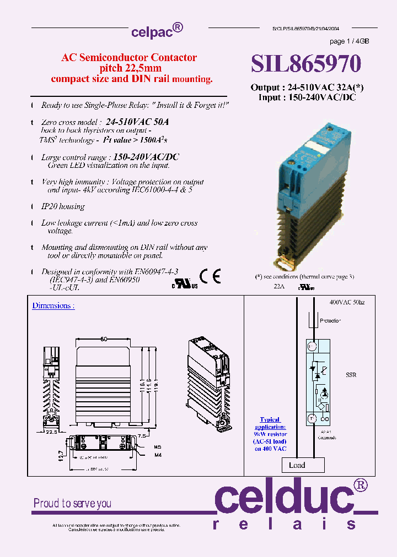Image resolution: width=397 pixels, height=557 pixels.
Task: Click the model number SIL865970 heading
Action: (x=306, y=64)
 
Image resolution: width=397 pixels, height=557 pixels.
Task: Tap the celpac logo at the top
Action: (x=157, y=31)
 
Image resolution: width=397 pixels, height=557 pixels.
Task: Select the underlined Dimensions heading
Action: (x=53, y=305)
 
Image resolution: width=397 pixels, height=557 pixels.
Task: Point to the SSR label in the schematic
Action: (x=351, y=375)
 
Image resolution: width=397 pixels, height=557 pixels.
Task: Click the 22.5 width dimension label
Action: (x=51, y=432)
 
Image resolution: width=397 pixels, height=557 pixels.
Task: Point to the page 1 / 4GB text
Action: (x=349, y=42)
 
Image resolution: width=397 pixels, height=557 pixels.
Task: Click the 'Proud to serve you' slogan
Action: (x=72, y=503)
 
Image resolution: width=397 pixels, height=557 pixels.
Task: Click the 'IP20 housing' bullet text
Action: (x=63, y=206)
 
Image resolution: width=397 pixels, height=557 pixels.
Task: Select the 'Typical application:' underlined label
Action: (x=270, y=423)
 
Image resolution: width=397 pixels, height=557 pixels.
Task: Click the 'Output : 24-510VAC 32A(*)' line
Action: (x=307, y=88)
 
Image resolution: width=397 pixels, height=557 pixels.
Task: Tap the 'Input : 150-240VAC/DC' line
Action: (x=307, y=97)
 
